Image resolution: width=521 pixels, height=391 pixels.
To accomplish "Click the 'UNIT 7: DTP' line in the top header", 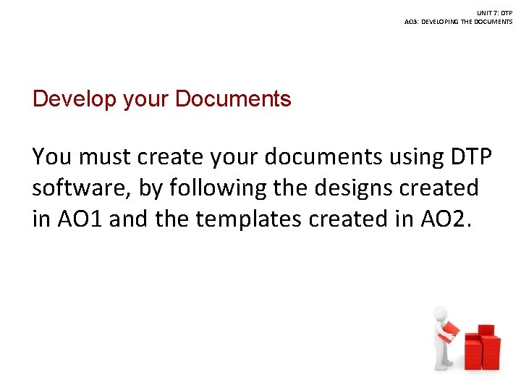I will click(495, 13).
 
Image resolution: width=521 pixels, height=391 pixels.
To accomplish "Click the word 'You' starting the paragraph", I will click(51, 156).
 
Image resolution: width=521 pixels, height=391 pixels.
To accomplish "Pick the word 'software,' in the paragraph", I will click(80, 188).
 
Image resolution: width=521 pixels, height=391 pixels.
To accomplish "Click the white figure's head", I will click(441, 314).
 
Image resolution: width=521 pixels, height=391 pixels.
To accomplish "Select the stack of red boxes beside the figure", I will click(481, 345).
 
